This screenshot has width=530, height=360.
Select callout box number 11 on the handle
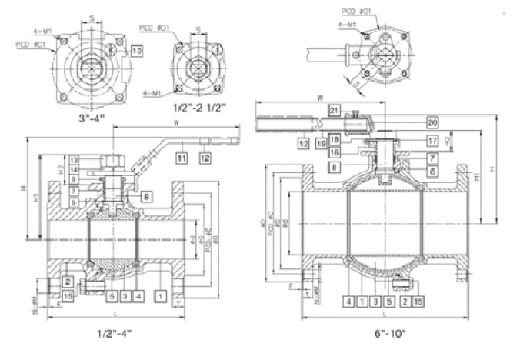pos(182,158)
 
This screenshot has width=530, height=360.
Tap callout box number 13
pos(74,159)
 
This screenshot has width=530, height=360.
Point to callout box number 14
pos(74,169)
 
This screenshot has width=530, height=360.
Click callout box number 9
pos(74,179)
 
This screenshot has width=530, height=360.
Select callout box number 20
pos(432,122)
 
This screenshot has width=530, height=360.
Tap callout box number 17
pos(432,141)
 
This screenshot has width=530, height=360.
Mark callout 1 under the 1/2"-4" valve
pos(158,295)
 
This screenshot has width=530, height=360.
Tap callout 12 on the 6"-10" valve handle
pos(304,143)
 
